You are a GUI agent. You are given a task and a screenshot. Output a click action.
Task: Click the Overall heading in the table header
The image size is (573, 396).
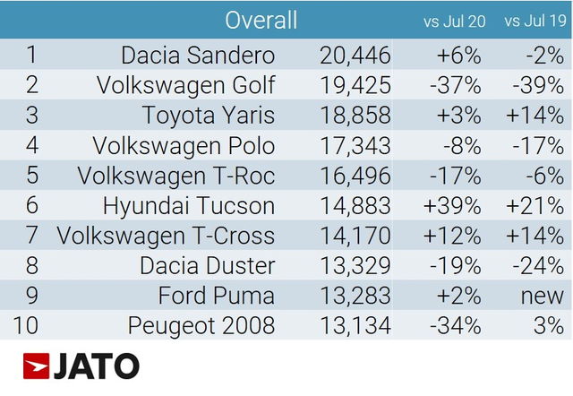(x=261, y=20)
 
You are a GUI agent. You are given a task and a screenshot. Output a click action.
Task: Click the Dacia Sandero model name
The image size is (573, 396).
(x=198, y=56)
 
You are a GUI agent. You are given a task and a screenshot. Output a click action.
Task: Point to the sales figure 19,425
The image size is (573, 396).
(x=355, y=85)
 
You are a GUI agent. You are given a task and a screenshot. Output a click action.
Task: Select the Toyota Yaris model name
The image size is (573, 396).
(x=208, y=116)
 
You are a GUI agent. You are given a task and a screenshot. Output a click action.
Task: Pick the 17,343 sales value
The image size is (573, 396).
(x=355, y=145)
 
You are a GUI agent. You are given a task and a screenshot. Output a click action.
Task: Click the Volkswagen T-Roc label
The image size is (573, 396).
(x=176, y=176)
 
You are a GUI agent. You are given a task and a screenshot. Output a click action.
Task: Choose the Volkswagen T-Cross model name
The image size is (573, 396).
(x=166, y=236)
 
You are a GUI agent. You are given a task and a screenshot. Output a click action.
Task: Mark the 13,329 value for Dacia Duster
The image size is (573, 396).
(x=355, y=265)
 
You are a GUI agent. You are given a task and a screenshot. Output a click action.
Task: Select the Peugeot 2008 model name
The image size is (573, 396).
(x=201, y=325)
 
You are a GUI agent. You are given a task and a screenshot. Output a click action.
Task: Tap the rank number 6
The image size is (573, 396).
(x=30, y=205)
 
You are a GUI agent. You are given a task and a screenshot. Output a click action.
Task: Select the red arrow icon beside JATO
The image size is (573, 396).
(x=36, y=366)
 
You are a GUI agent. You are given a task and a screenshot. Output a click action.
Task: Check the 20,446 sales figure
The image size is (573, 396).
(x=355, y=56)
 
